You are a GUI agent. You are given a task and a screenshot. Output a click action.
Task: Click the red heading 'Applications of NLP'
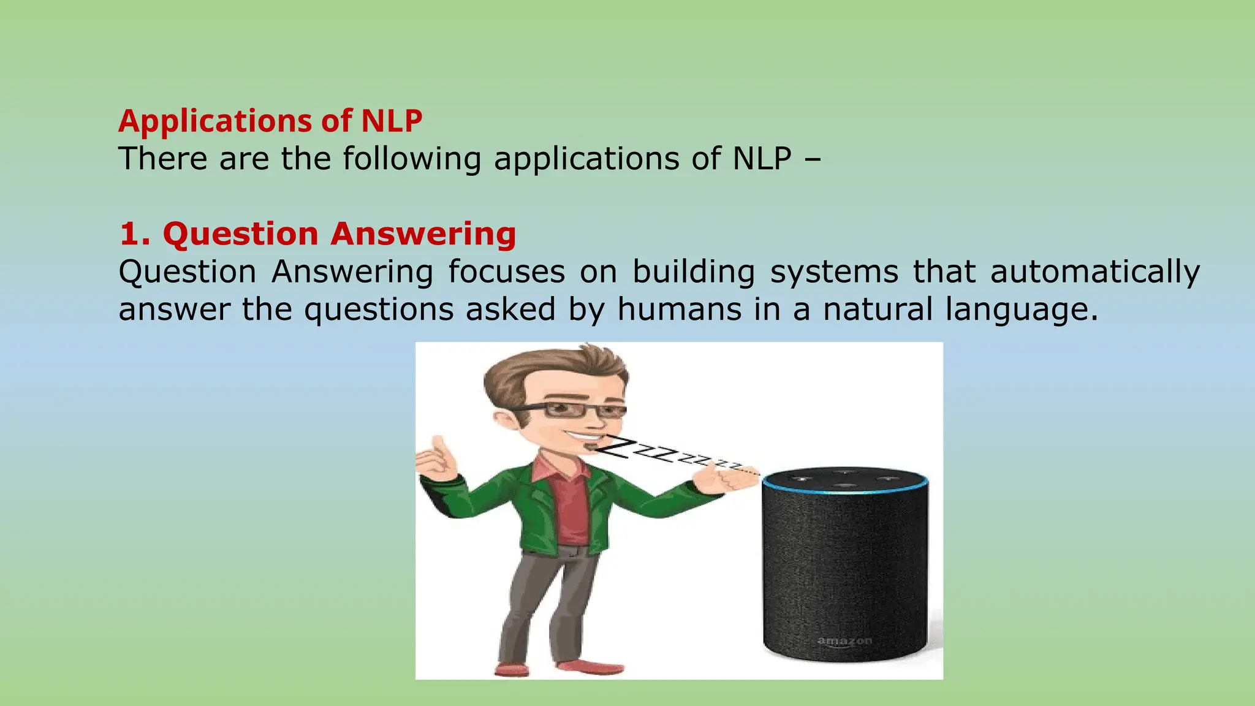(270, 121)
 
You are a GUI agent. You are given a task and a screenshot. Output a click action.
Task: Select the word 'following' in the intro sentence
(412, 159)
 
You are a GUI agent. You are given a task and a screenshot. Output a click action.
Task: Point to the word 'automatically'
(1095, 272)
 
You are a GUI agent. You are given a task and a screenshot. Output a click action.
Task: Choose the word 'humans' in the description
(679, 309)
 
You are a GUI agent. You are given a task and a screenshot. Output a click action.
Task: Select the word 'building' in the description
(694, 272)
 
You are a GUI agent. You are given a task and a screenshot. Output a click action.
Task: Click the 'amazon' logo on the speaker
(844, 641)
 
